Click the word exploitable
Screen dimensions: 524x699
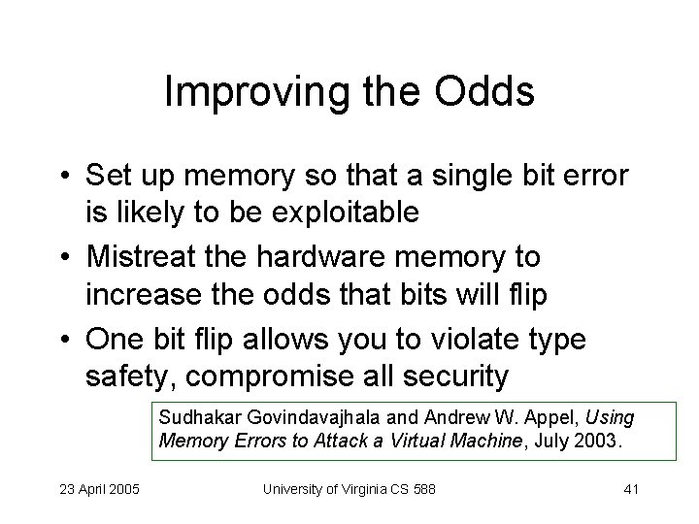click(x=345, y=213)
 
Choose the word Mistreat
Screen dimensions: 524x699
click(x=147, y=257)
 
